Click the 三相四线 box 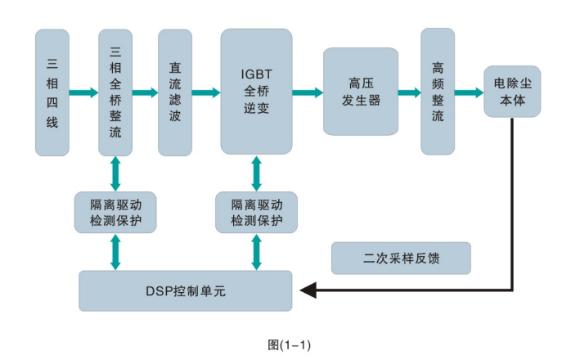point(53,92)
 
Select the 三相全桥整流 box point(115,92)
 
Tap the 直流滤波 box point(174,92)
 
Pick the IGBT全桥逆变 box point(256,91)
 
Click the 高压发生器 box point(360,91)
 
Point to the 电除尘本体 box point(512,92)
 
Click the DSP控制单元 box point(185,290)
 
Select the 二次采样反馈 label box point(402,258)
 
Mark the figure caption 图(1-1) point(289,344)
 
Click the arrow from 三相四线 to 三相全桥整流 point(84,92)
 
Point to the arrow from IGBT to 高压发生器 point(308,92)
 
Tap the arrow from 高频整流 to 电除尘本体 point(469,92)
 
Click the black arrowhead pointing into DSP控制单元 point(308,290)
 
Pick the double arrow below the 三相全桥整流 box point(115,173)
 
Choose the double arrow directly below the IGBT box point(257,173)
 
